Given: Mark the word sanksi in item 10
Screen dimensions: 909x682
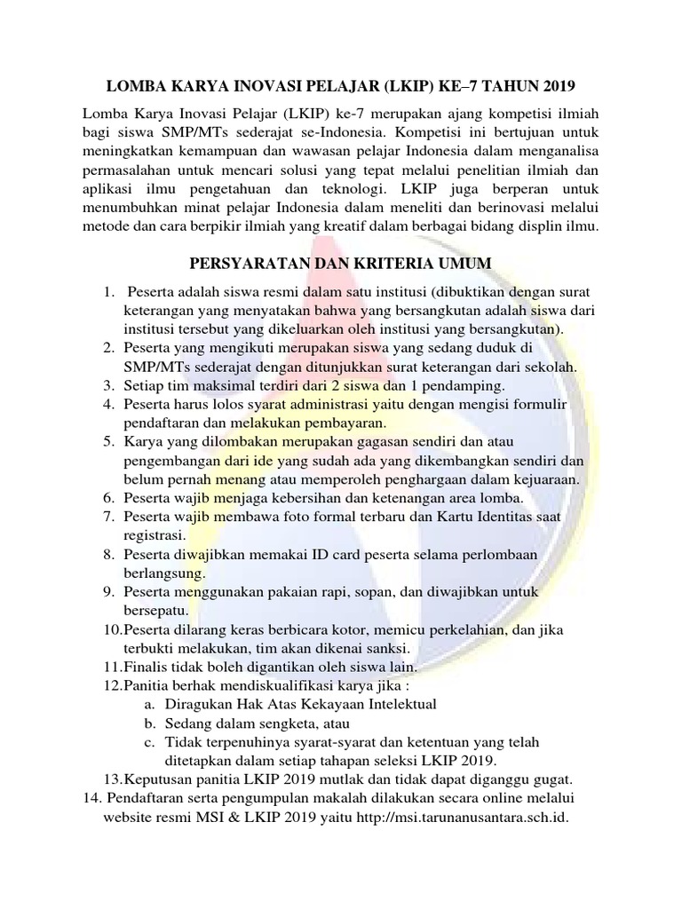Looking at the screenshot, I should (385, 648).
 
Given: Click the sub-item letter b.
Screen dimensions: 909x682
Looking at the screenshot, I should (147, 723).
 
